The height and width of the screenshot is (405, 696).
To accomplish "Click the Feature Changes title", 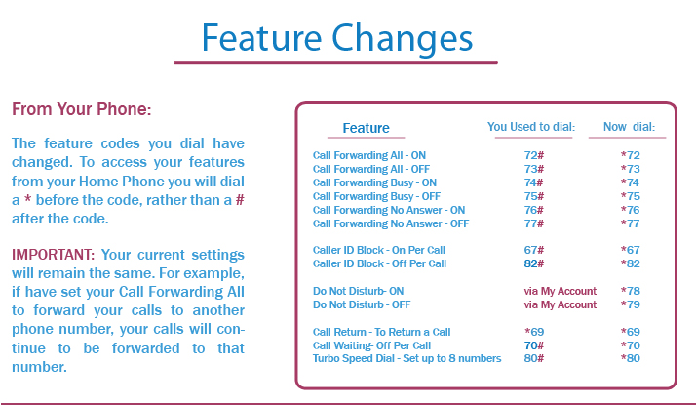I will tap(336, 37).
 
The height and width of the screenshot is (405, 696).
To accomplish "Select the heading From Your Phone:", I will tap(82, 109).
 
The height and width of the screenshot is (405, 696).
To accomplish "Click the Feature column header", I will tap(366, 128).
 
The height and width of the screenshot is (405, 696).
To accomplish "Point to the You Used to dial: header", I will tap(531, 127).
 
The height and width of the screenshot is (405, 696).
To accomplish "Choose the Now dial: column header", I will tap(629, 127).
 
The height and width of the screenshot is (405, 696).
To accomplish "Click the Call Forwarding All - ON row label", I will tap(369, 155).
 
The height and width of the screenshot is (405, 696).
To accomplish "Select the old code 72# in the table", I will tap(532, 155).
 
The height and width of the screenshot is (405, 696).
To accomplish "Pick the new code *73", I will tap(630, 169).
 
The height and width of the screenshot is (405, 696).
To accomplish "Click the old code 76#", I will tap(532, 210).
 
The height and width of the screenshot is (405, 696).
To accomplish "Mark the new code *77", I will tap(630, 223).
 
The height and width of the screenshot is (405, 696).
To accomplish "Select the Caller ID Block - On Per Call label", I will tap(379, 250).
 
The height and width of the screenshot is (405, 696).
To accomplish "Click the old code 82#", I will tap(532, 263).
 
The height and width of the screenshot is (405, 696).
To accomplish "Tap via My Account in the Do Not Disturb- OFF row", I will tap(561, 304).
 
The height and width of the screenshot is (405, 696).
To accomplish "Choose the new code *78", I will tap(630, 291).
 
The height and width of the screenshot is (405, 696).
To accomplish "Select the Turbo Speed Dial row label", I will tap(406, 358).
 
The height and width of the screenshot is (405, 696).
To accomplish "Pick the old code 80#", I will tap(532, 358).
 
